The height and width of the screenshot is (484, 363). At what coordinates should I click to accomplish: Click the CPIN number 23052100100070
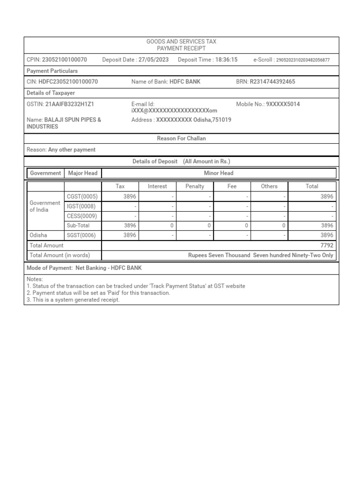[64, 60]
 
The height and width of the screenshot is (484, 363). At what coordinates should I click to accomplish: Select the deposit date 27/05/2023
[154, 60]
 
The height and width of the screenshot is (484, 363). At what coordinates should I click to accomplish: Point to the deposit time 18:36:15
[226, 60]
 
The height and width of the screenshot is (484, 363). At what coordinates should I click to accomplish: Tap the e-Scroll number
[302, 60]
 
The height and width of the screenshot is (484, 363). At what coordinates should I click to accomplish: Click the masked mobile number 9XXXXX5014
[283, 104]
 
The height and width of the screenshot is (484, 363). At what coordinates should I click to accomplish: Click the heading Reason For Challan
[181, 138]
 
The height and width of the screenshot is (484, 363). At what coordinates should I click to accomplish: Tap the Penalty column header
[195, 186]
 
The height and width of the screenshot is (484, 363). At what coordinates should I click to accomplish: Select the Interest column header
[157, 186]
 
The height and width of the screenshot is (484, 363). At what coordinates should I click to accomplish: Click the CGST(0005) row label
[82, 197]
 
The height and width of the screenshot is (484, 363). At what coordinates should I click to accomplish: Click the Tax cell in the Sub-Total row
[130, 225]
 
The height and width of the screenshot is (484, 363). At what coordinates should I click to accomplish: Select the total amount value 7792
[327, 245]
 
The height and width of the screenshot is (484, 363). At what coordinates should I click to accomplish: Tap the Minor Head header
[218, 173]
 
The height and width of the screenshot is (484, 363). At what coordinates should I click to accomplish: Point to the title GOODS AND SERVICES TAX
[181, 42]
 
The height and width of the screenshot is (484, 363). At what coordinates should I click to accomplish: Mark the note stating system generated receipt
[73, 300]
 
